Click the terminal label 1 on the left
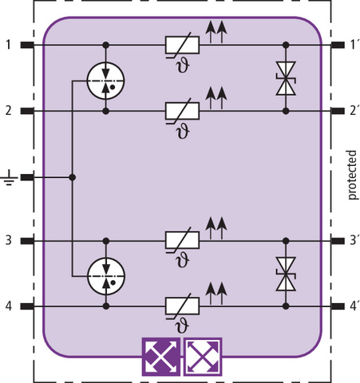[9, 45]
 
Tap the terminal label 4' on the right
[354, 306]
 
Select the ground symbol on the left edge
[9, 178]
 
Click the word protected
[351, 175]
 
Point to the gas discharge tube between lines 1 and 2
[106, 81]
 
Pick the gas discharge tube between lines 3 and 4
[106, 277]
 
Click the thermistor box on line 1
[182, 45]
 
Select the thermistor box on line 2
[182, 111]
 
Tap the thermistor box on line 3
[182, 240]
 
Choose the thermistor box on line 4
[182, 306]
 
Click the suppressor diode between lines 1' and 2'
[286, 78]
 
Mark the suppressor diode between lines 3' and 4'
[286, 274]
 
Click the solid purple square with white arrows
[161, 357]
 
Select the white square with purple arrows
[203, 357]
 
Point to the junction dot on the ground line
[72, 177]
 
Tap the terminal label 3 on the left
[9, 240]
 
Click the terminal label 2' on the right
[354, 110]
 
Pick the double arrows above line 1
[216, 33]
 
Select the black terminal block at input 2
[27, 111]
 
